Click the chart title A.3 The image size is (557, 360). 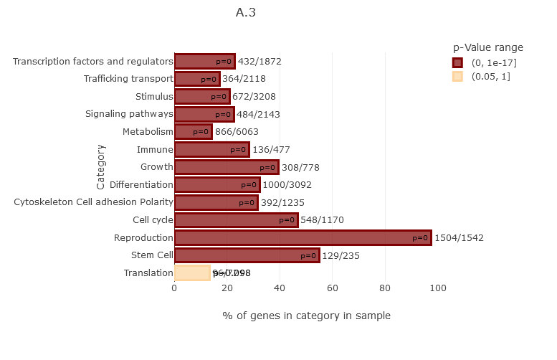click(x=246, y=12)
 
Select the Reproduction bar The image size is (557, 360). click(x=301, y=238)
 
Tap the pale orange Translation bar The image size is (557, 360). click(x=191, y=273)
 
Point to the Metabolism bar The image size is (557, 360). click(x=192, y=132)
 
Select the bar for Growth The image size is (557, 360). click(x=226, y=167)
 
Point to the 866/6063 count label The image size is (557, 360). click(x=237, y=132)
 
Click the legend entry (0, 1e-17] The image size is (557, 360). click(x=494, y=63)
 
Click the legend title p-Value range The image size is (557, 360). click(x=488, y=47)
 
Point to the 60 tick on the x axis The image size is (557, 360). click(x=333, y=288)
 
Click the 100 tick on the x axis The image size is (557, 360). click(x=438, y=288)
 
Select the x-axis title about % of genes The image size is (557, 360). click(x=306, y=316)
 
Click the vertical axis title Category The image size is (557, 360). click(x=101, y=167)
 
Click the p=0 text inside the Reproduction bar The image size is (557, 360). click(x=420, y=238)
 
